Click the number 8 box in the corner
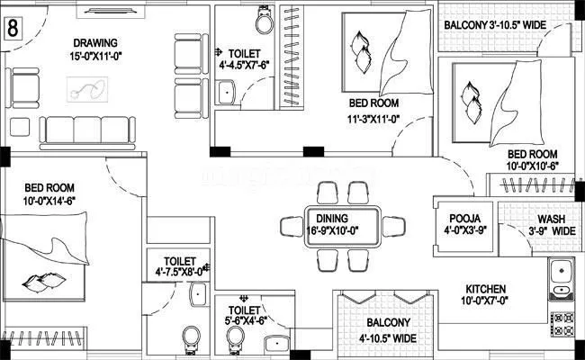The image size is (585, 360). tap(13, 26)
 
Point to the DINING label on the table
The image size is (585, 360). tap(332, 218)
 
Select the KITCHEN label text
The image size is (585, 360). tap(486, 290)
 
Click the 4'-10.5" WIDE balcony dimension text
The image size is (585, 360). tap(387, 338)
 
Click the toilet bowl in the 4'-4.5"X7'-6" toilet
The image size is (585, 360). tap(265, 18)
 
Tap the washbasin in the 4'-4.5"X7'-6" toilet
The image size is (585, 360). tap(227, 91)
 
